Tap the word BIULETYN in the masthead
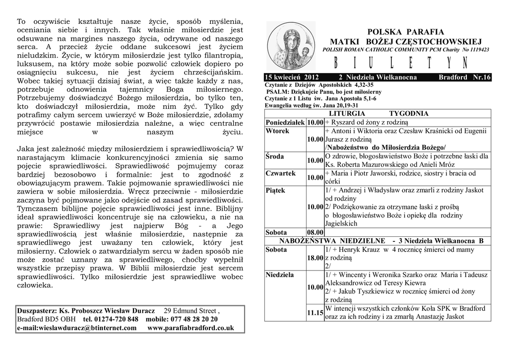(x=400, y=63)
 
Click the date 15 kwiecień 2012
(x=292, y=77)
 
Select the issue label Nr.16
(x=481, y=77)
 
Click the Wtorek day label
(x=277, y=131)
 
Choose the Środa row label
(x=275, y=156)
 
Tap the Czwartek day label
(x=281, y=173)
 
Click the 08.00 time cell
(x=315, y=232)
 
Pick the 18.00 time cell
(x=315, y=258)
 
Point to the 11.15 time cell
(x=315, y=313)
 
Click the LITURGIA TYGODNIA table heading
(x=378, y=114)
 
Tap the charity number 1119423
(x=476, y=50)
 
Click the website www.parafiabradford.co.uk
(x=190, y=328)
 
